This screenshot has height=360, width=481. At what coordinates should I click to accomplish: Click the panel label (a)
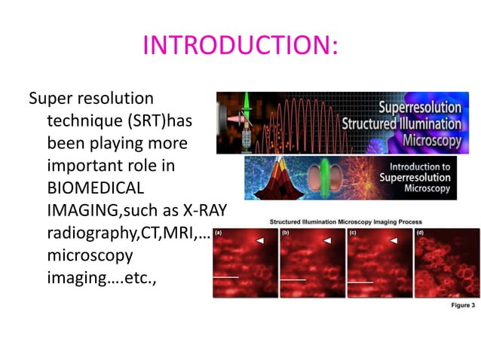click(x=219, y=234)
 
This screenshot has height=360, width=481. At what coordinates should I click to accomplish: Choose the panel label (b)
click(x=286, y=234)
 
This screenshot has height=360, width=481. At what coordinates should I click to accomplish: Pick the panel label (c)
click(x=352, y=234)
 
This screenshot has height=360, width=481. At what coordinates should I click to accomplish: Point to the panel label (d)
click(x=419, y=234)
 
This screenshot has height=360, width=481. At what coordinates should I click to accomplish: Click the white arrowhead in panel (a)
click(x=259, y=240)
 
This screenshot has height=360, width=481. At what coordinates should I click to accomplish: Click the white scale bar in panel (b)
click(x=293, y=279)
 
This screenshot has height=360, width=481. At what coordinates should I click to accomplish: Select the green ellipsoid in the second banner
click(x=325, y=178)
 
